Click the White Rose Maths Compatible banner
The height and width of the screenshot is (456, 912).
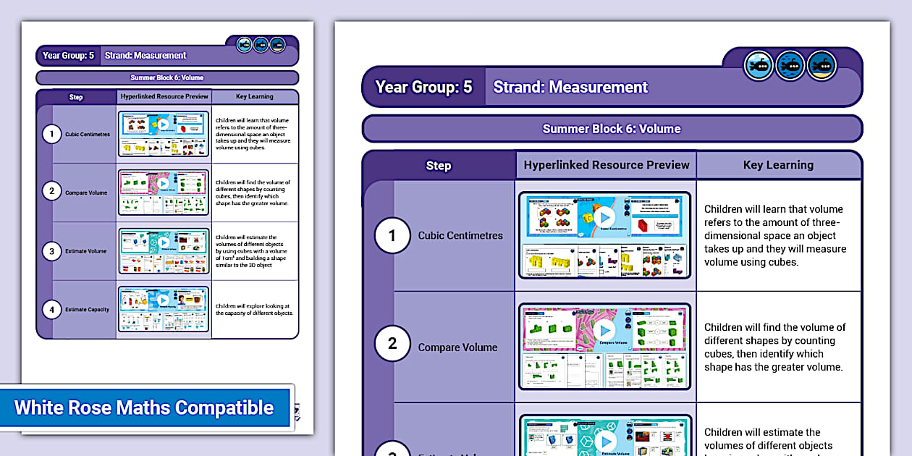(x=145, y=408)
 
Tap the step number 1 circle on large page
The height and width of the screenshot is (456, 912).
(x=392, y=235)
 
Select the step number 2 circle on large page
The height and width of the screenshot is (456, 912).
(x=392, y=343)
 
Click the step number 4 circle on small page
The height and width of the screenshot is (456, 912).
(x=51, y=310)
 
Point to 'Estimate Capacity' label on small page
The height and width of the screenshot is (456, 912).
(x=88, y=310)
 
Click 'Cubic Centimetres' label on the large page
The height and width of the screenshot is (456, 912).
(x=460, y=235)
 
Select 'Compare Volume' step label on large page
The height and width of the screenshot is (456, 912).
(x=457, y=347)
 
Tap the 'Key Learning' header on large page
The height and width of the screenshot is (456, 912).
(x=778, y=165)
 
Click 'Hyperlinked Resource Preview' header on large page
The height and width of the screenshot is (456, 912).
(x=607, y=165)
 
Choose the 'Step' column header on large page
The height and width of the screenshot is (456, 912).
(x=438, y=166)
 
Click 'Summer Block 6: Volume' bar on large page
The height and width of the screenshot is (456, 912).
(x=612, y=129)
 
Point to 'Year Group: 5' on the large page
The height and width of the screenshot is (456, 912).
(x=423, y=88)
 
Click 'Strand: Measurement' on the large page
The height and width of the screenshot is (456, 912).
(x=570, y=88)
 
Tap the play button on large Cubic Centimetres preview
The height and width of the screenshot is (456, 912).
(x=604, y=216)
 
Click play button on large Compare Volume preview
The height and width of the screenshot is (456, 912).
(x=604, y=329)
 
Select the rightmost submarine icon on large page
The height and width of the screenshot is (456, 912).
(x=822, y=66)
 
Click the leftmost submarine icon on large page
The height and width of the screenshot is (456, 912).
(x=759, y=66)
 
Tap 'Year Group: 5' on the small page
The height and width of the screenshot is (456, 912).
(x=68, y=56)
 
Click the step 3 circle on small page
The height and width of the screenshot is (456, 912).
(x=51, y=251)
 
